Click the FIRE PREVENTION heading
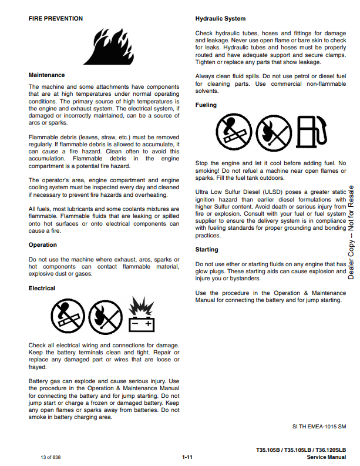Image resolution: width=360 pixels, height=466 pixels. [56, 19]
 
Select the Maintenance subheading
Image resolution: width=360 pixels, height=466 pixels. [47, 75]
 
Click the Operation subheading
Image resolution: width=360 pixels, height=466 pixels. [43, 245]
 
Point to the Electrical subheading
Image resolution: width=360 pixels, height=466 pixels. [42, 289]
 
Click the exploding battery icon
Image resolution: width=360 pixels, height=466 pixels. [141, 315]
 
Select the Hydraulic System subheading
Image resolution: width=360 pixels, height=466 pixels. [220, 19]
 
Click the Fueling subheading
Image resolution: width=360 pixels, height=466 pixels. [206, 105]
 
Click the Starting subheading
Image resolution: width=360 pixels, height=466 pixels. [207, 250]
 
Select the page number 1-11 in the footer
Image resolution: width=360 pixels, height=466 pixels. [187, 457]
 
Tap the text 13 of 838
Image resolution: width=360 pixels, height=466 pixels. [51, 457]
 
